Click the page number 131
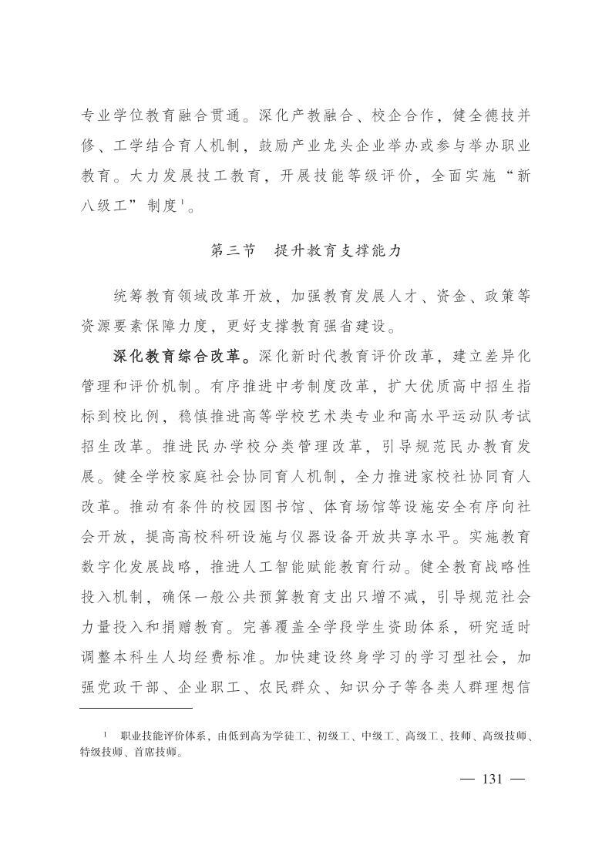[491, 779]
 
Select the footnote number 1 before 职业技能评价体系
[106, 735]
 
